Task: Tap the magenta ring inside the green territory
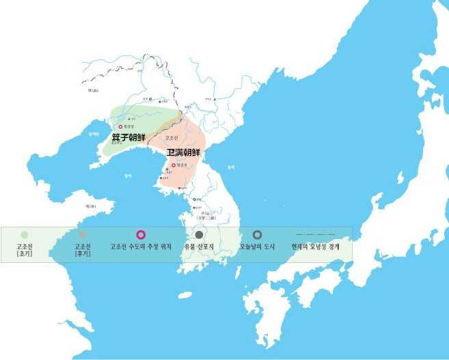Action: [x=121, y=126]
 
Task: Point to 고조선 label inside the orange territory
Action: [x=172, y=137]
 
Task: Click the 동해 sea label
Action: [x=231, y=166]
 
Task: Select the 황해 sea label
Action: [x=127, y=176]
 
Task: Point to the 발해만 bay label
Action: [x=94, y=135]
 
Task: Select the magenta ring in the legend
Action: [x=141, y=235]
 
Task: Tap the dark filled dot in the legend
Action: [x=199, y=235]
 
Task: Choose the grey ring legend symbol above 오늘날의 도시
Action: [x=257, y=235]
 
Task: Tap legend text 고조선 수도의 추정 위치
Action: [x=141, y=246]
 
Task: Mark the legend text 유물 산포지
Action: [x=199, y=246]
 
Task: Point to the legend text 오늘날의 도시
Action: [x=257, y=246]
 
